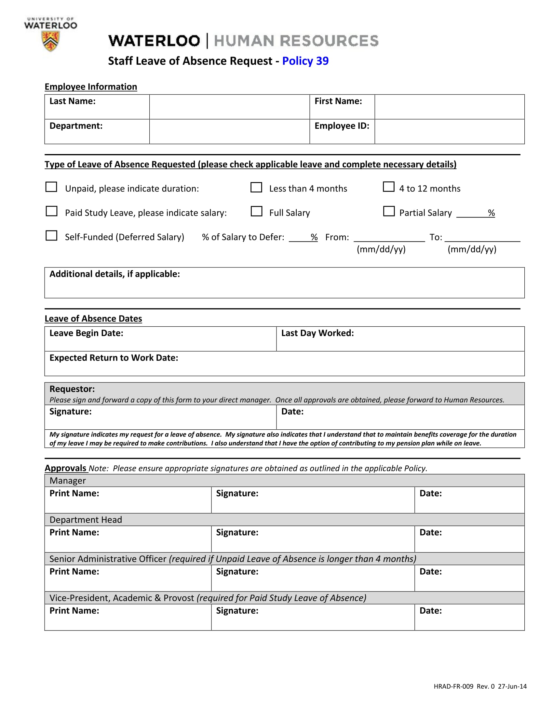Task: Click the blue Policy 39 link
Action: [x=305, y=61]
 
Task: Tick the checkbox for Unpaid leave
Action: [x=51, y=187]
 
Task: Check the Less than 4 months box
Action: [x=256, y=187]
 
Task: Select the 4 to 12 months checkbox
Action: [x=388, y=187]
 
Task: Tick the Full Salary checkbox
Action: [x=256, y=211]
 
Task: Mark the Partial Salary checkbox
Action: [x=389, y=211]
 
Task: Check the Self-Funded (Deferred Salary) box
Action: [x=51, y=235]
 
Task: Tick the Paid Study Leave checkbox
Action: [x=51, y=211]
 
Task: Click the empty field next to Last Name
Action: [x=229, y=107]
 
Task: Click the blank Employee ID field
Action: [x=449, y=131]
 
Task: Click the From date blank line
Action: [x=389, y=238]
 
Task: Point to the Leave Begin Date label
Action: [x=86, y=333]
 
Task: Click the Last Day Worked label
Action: [x=317, y=333]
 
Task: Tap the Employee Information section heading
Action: [x=91, y=87]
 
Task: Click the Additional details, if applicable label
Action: [x=115, y=274]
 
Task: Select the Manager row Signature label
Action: [x=237, y=493]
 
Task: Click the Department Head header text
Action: [x=86, y=520]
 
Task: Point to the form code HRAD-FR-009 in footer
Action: [x=453, y=686]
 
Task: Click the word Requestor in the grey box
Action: [x=72, y=389]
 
